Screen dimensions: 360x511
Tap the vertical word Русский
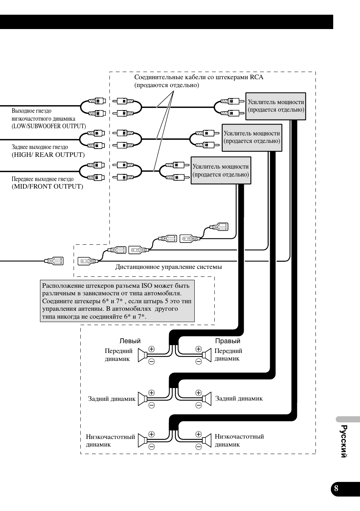(344, 442)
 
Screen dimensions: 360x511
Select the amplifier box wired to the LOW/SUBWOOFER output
(275, 106)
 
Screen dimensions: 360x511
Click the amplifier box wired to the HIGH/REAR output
(252, 138)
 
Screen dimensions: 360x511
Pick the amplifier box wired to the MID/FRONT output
(221, 170)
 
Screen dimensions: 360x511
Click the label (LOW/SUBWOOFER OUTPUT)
(49, 126)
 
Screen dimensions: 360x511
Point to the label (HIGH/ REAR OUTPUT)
(48, 155)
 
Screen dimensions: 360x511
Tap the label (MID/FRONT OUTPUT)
(47, 186)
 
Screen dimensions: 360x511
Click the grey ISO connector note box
(117, 301)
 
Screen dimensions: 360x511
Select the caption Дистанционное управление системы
(168, 267)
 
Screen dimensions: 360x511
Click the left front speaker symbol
(142, 355)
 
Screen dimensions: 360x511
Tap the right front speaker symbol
(207, 355)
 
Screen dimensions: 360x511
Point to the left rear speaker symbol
(142, 399)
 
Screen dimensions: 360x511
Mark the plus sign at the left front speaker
(152, 349)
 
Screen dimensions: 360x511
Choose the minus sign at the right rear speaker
(198, 405)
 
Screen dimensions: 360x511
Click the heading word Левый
(130, 341)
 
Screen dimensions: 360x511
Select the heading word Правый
(228, 341)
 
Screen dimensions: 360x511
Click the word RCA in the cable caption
(257, 77)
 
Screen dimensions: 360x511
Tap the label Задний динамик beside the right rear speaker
(239, 398)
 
